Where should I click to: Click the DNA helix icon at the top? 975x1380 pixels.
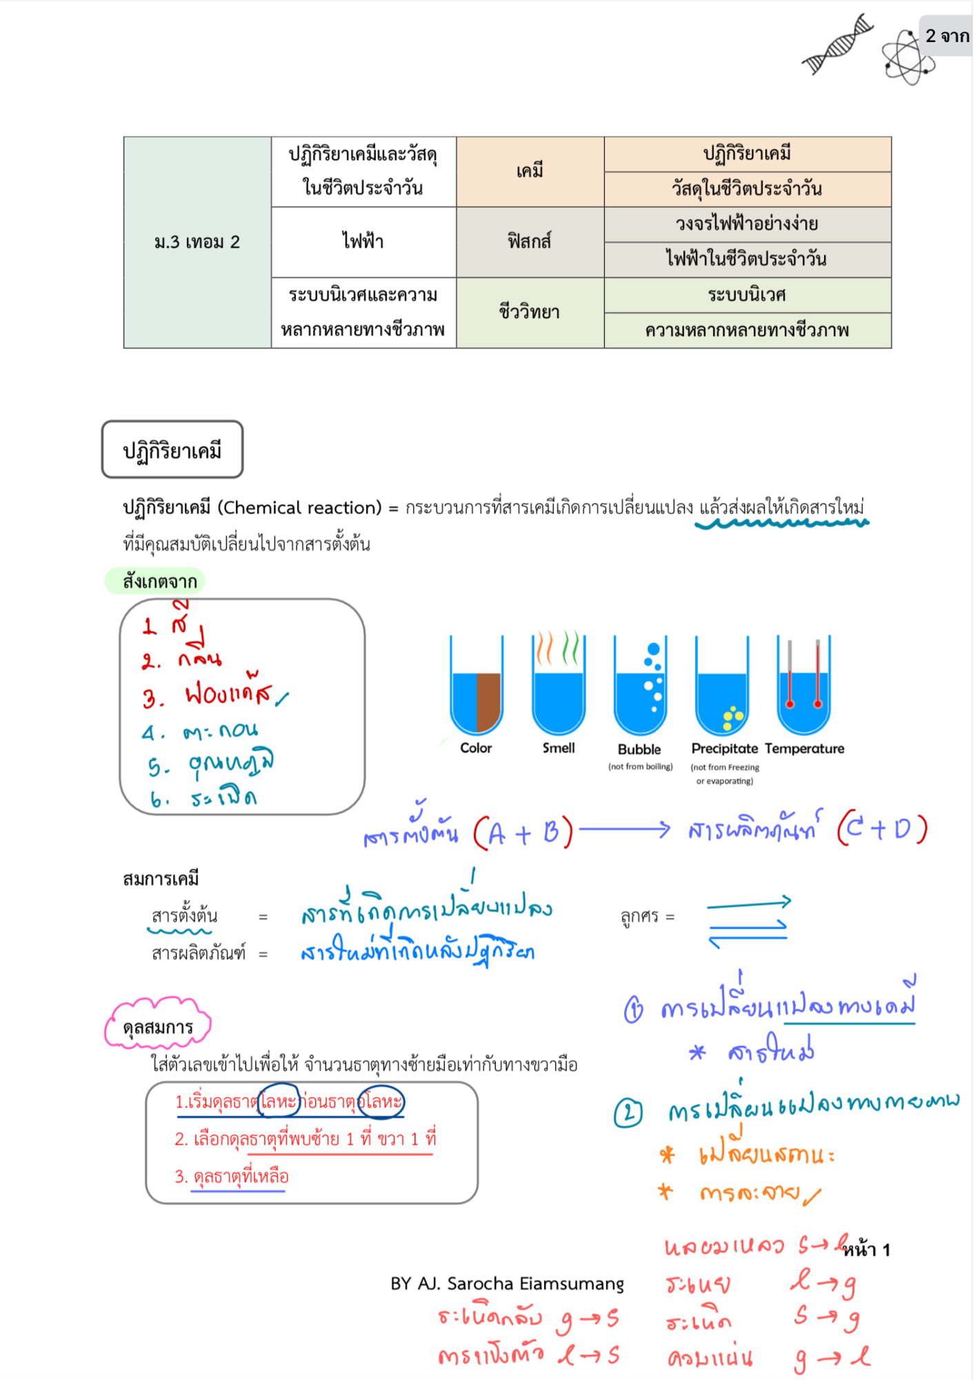(837, 44)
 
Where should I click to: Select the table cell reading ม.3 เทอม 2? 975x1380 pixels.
(197, 242)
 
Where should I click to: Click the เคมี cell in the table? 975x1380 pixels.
(530, 171)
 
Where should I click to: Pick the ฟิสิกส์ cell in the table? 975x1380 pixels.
(530, 241)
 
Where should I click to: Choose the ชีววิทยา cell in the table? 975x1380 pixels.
(530, 313)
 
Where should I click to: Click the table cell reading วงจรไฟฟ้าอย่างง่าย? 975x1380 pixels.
(747, 224)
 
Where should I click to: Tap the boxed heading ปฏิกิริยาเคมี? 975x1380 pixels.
(172, 450)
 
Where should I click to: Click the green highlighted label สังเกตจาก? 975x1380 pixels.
(157, 581)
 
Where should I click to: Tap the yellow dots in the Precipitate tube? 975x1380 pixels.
(732, 718)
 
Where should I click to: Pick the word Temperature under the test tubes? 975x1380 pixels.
(804, 749)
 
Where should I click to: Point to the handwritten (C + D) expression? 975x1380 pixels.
(883, 829)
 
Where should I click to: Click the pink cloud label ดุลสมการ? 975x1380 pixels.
(158, 1027)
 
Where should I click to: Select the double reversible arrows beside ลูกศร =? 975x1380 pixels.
(748, 923)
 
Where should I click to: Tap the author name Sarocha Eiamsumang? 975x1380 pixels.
(535, 1284)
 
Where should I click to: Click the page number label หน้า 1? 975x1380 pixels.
(867, 1250)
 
